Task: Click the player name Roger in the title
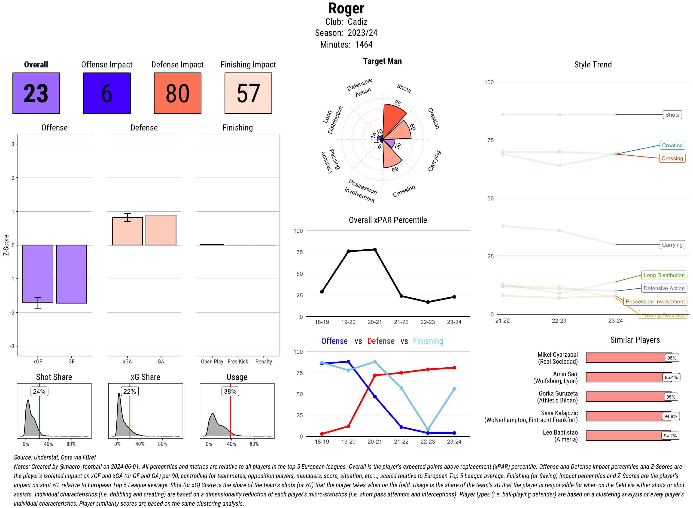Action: (x=346, y=9)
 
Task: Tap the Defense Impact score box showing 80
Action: (x=177, y=93)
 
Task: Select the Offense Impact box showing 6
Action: (x=107, y=93)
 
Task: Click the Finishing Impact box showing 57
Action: (x=248, y=93)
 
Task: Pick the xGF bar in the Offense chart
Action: (x=38, y=274)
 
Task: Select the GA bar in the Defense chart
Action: (x=161, y=230)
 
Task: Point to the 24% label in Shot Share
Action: (x=39, y=391)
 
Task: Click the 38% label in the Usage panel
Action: (x=230, y=391)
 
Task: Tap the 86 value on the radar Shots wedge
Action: (x=398, y=103)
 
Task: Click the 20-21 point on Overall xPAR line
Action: (x=375, y=250)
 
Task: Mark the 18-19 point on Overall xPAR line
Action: (x=322, y=291)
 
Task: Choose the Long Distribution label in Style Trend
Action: (x=664, y=275)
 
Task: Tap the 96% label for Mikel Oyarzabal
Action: (x=672, y=358)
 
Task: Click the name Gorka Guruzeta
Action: (x=558, y=393)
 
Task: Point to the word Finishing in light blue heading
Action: (x=428, y=341)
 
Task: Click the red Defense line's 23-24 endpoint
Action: (x=454, y=368)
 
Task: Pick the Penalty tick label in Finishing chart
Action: (x=264, y=362)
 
